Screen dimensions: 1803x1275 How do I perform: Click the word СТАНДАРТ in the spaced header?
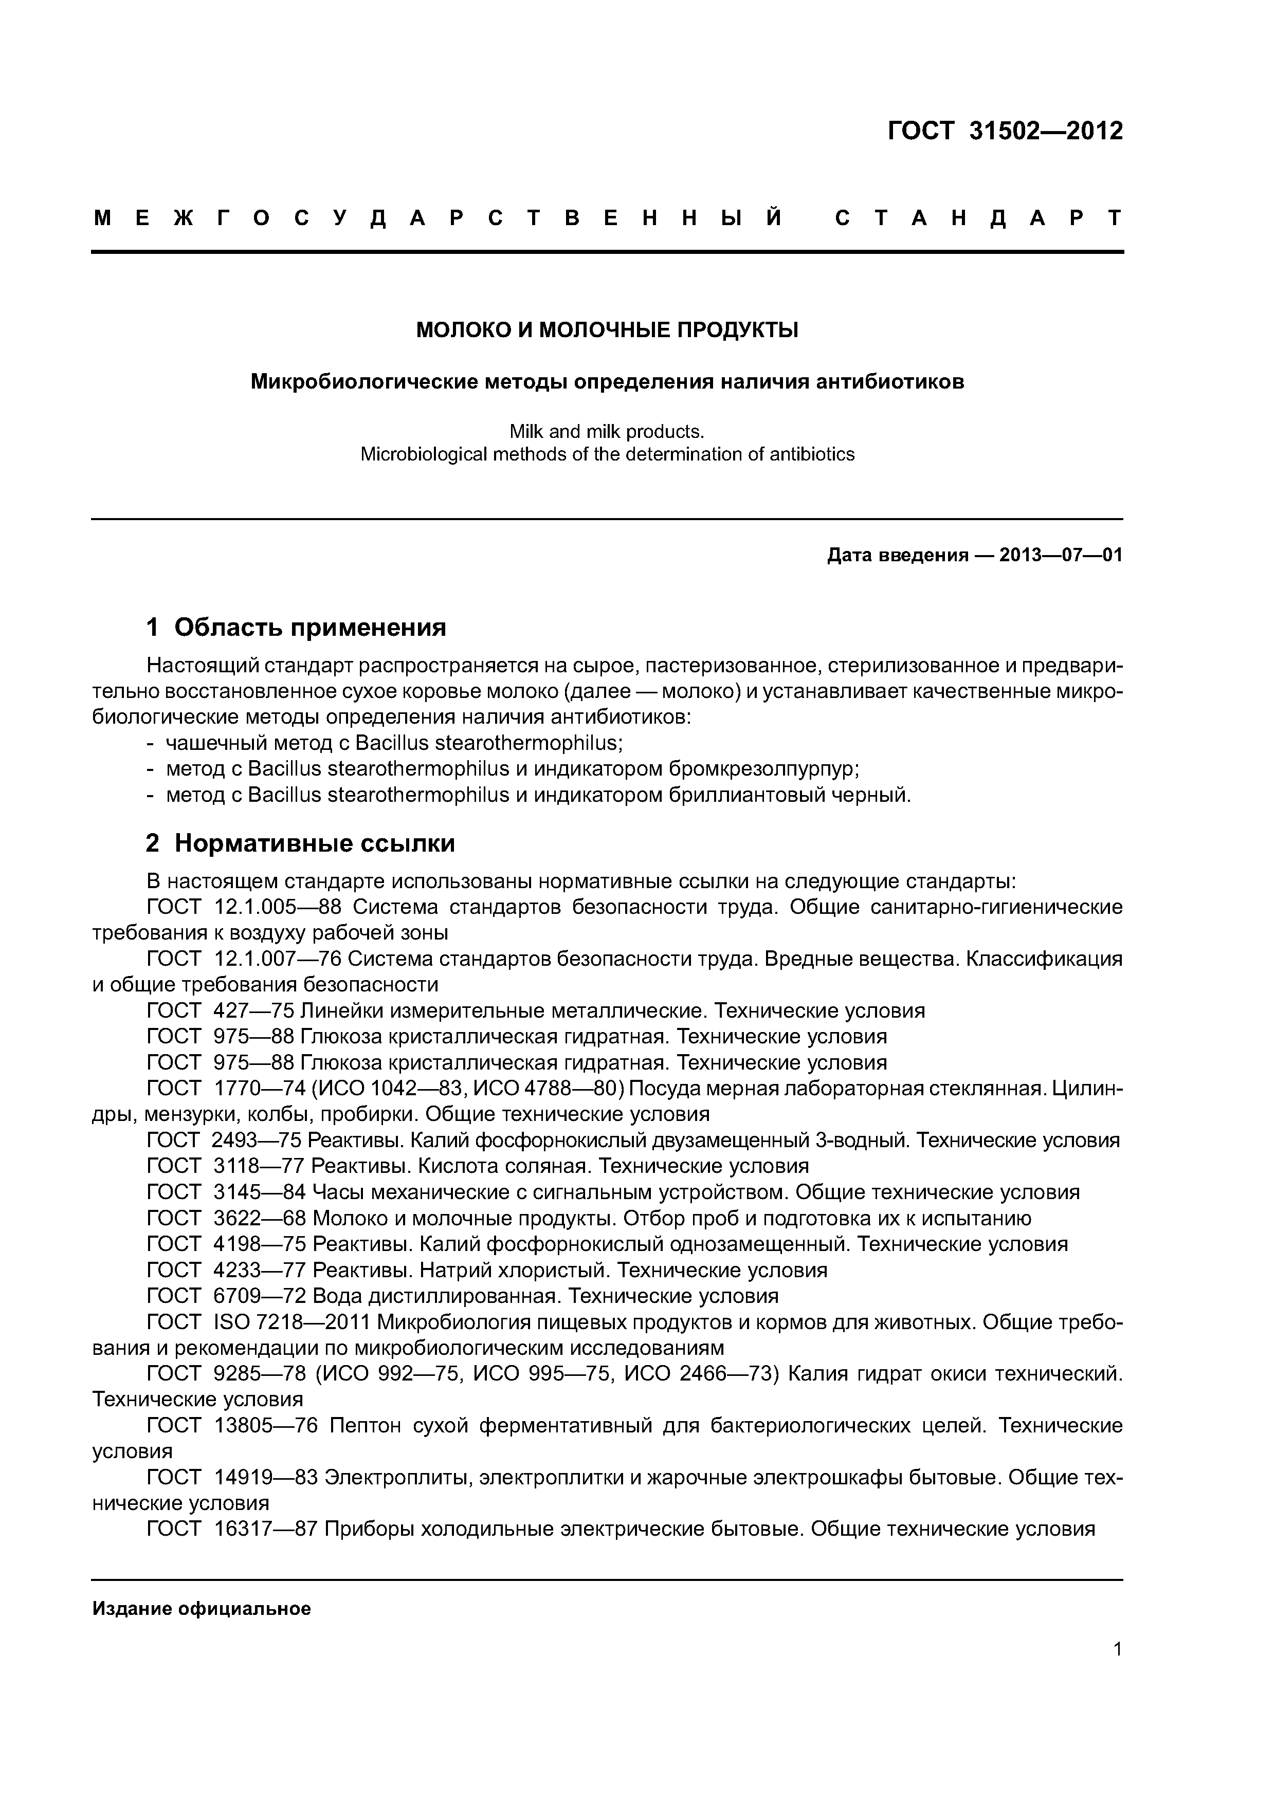pos(978,218)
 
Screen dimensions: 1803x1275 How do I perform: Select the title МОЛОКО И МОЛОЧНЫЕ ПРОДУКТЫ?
pos(607,330)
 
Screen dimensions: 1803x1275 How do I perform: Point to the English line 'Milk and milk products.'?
pos(607,431)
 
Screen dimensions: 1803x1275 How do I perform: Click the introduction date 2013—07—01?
pos(1061,556)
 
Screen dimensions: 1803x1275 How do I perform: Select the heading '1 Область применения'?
pos(296,628)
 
